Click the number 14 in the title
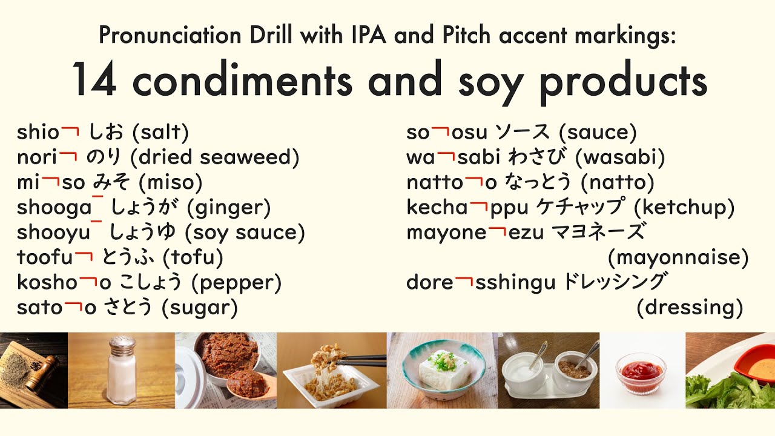click(x=94, y=80)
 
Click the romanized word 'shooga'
click(x=54, y=208)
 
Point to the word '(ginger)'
click(x=229, y=208)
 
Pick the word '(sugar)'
click(x=200, y=308)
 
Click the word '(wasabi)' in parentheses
click(x=620, y=157)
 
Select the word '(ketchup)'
click(x=684, y=208)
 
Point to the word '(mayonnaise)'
click(x=678, y=258)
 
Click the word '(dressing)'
click(x=690, y=308)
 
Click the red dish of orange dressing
click(x=757, y=366)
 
